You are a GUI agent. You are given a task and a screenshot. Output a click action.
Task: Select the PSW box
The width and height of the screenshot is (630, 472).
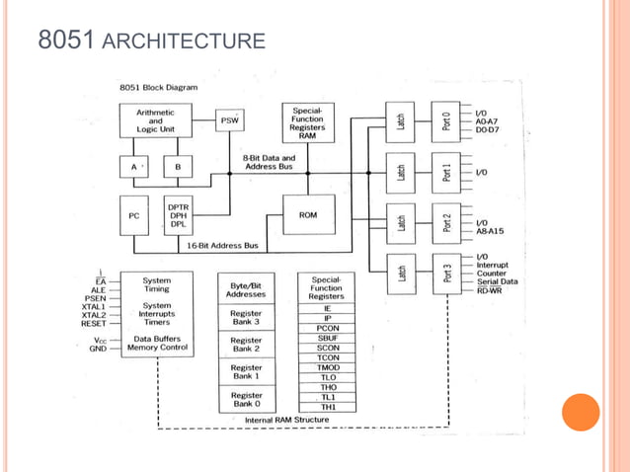point(229,122)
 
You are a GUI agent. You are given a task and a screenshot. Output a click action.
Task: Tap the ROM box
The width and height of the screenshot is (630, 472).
point(307,214)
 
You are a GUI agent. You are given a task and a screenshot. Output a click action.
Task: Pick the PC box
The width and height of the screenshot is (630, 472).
point(133,214)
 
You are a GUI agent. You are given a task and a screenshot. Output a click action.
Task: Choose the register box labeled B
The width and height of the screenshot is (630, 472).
point(178,167)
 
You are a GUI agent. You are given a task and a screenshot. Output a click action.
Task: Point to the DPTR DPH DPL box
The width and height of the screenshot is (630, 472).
point(179,214)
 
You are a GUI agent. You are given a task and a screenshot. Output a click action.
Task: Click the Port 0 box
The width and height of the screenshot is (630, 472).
point(445,121)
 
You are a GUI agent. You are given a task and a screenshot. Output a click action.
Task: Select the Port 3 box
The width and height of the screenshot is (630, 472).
point(445,274)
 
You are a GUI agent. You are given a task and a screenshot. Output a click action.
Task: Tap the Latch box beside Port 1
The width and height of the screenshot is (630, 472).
point(401,173)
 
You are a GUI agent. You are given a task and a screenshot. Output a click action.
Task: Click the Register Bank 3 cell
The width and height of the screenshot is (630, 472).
point(246,318)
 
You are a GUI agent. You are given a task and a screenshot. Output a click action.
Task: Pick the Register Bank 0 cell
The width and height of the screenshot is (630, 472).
point(246,399)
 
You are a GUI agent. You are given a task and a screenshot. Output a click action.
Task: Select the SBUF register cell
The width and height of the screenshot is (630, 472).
point(328,338)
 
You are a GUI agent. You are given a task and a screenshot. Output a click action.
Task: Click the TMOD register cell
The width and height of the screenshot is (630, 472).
point(328,367)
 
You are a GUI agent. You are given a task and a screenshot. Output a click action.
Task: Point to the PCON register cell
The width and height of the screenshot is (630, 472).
point(328,328)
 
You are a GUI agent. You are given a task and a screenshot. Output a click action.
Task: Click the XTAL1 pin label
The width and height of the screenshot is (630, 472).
point(94,306)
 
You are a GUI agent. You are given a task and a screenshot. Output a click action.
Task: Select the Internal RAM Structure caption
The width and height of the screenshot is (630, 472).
point(286,420)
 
